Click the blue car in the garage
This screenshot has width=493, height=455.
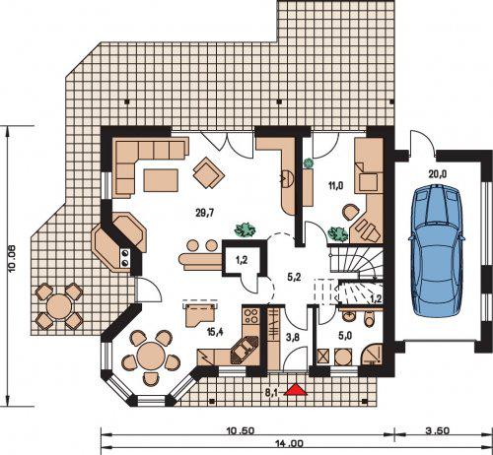point(436,250)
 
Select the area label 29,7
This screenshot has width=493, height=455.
point(205,213)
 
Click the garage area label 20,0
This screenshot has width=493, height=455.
point(438,174)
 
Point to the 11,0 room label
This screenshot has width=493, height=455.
point(335,186)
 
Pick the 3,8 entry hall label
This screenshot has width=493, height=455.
point(293,337)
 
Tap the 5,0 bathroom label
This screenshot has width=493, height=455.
point(345,336)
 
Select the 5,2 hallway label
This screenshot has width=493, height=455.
point(294,278)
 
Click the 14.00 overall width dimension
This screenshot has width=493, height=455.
point(288,444)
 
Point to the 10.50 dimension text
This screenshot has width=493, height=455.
point(241,430)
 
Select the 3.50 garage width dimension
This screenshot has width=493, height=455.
point(438,430)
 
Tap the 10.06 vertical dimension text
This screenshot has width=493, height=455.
point(12,259)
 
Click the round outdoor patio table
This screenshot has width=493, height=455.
point(59,306)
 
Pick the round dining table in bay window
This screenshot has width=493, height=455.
point(151,356)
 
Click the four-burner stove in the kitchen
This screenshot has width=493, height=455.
point(251,315)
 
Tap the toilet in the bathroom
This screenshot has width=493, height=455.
point(370,318)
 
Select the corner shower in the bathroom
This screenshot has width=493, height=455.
point(373,355)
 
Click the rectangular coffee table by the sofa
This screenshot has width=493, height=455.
point(161,180)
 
